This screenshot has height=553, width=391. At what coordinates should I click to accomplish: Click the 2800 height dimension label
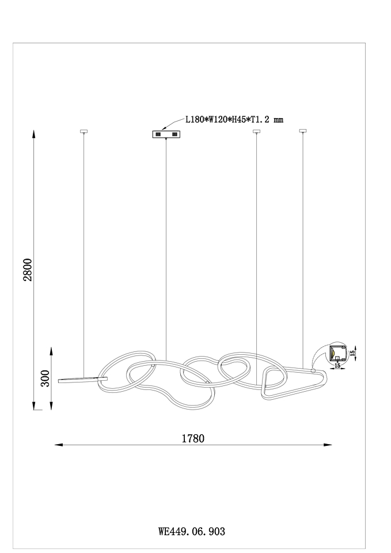click(x=28, y=270)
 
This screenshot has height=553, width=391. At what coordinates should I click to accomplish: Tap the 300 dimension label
click(x=45, y=378)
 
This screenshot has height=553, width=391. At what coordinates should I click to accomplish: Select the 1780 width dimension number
click(x=193, y=438)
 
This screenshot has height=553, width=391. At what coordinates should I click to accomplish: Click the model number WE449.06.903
click(x=192, y=531)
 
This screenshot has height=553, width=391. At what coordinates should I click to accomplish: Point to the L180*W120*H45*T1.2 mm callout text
click(x=234, y=120)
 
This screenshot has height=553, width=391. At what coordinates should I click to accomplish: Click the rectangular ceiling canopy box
click(x=166, y=134)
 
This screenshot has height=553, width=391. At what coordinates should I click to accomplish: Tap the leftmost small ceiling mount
click(x=84, y=131)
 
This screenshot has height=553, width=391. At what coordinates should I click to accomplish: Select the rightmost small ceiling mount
click(x=302, y=131)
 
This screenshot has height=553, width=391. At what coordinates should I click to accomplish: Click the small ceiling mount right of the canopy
click(x=257, y=131)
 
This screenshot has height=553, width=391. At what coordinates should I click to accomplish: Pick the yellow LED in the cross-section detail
click(x=333, y=353)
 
